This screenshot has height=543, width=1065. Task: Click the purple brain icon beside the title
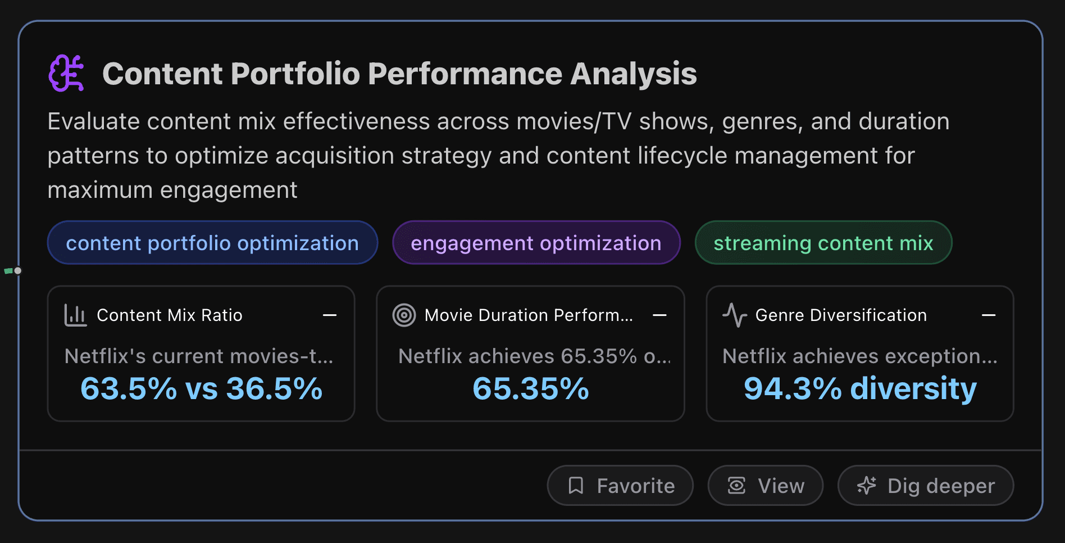(x=66, y=73)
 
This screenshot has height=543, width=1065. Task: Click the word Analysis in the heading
(x=633, y=74)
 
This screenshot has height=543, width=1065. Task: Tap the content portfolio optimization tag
(x=212, y=243)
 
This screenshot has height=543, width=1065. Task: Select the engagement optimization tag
(x=536, y=243)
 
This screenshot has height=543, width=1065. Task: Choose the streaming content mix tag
(x=823, y=243)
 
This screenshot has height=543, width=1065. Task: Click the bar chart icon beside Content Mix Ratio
(x=75, y=315)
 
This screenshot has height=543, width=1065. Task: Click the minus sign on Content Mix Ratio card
(x=330, y=315)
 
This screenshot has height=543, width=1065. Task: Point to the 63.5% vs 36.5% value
(x=201, y=388)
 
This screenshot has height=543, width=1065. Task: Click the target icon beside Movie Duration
(x=404, y=315)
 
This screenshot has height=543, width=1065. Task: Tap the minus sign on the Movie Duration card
(x=659, y=315)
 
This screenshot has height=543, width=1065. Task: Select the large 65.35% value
(x=530, y=388)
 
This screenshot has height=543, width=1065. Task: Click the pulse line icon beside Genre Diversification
(x=734, y=315)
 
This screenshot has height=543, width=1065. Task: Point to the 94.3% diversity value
(x=859, y=388)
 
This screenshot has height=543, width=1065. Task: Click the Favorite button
(x=620, y=486)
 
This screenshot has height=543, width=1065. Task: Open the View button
(x=765, y=486)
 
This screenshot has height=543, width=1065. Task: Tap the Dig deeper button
(x=925, y=486)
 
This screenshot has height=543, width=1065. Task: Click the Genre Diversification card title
(x=840, y=315)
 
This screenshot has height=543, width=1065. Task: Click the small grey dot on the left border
(x=18, y=271)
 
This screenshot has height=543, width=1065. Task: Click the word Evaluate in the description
(x=93, y=121)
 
